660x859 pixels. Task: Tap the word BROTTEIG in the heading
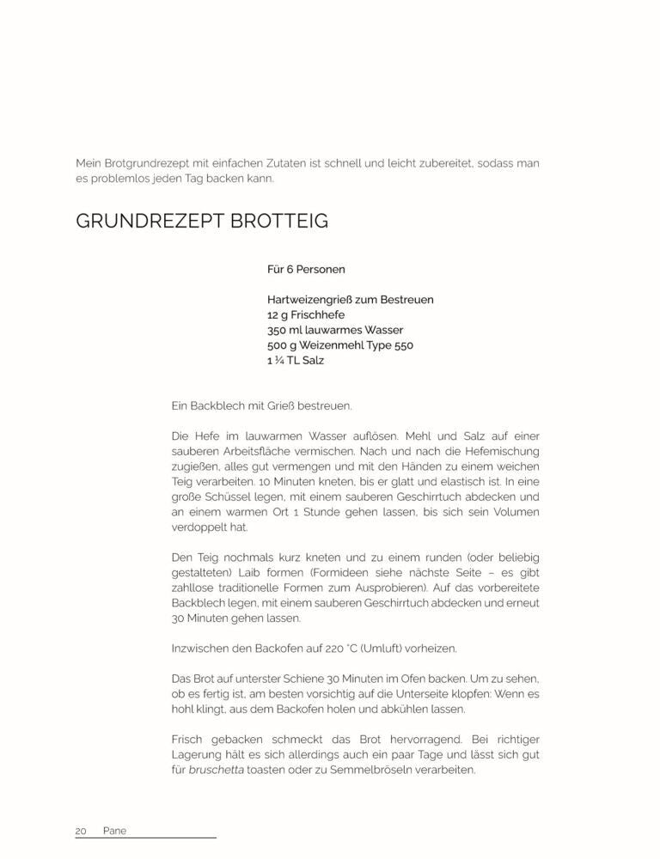(x=279, y=222)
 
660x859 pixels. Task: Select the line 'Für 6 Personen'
(x=306, y=270)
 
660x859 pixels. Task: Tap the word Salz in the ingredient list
(x=313, y=361)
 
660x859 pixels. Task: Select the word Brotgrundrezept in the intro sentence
(x=149, y=163)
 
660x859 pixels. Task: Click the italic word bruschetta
(x=217, y=770)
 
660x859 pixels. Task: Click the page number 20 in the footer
(x=82, y=832)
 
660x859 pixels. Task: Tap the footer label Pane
(x=114, y=832)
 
